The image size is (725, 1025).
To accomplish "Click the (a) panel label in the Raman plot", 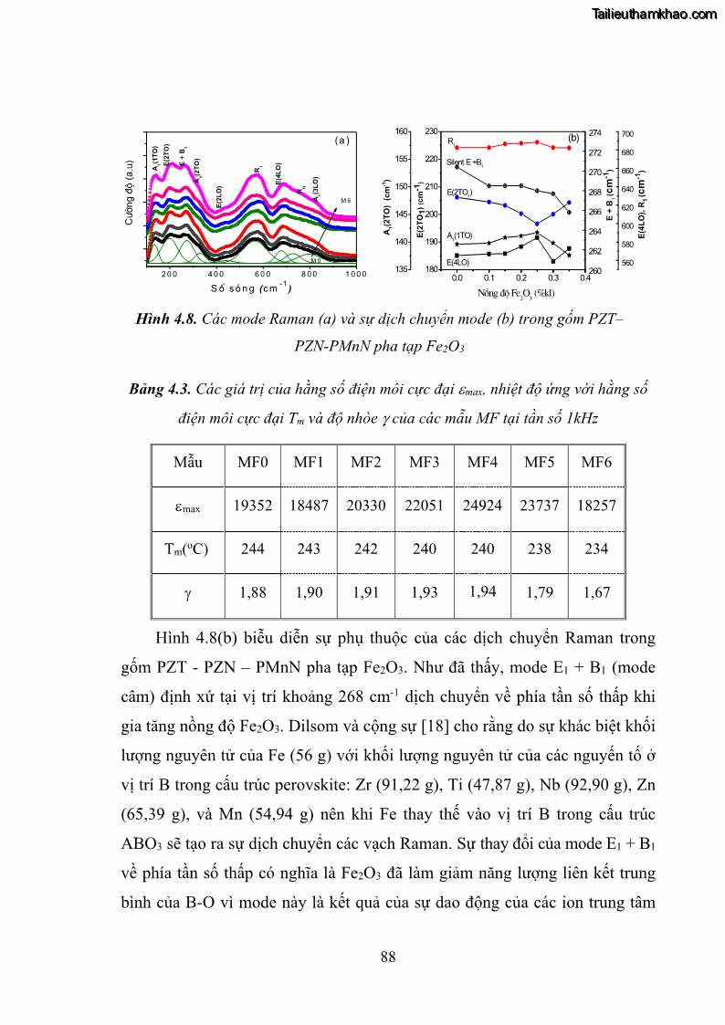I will click(342, 141).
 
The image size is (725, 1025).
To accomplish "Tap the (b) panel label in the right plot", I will click(573, 138).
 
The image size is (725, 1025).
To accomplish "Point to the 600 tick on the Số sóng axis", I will click(262, 274).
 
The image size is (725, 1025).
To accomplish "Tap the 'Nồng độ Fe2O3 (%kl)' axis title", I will click(517, 293).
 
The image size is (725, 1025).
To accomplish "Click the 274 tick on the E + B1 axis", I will click(594, 133).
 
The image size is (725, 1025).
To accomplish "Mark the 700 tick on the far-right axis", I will click(627, 134).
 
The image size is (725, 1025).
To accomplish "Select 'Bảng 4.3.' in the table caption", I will click(160, 390).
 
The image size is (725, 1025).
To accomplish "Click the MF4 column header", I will click(482, 462).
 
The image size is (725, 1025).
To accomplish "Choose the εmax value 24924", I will click(482, 506).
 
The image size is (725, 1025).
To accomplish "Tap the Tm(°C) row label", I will click(187, 549).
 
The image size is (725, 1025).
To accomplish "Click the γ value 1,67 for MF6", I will click(596, 592).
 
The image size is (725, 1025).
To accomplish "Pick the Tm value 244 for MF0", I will click(253, 549).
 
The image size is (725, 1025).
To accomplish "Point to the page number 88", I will click(388, 957).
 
